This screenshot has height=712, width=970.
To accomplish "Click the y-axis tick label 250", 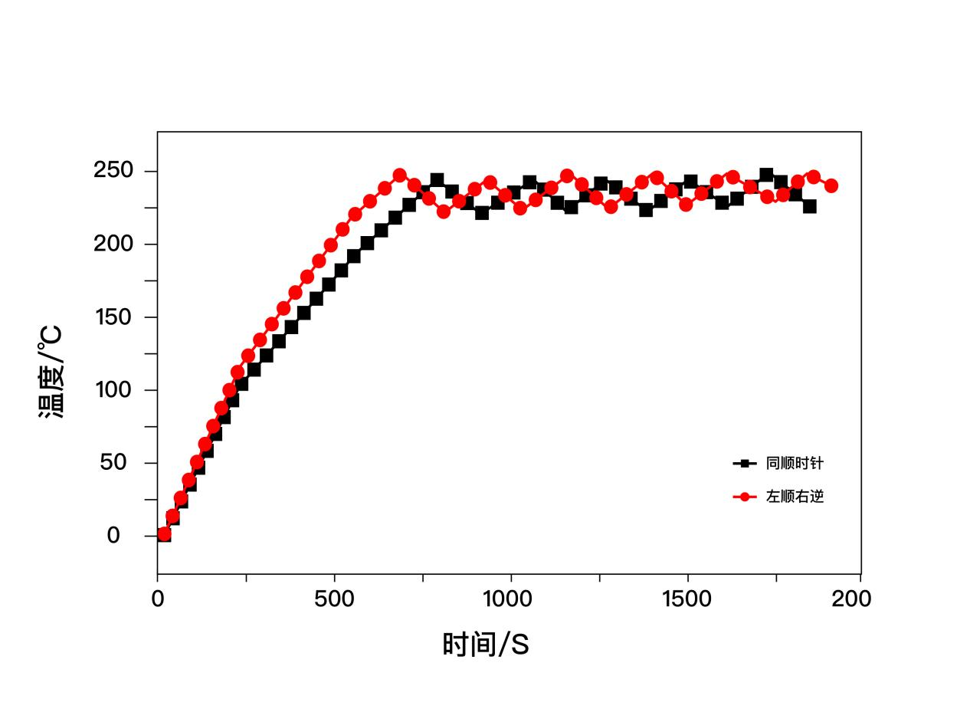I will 114,171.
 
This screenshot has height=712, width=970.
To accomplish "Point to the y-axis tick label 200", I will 114,244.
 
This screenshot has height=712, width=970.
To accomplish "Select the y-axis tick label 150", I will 114,317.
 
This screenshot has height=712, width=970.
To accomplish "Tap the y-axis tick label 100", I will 114,389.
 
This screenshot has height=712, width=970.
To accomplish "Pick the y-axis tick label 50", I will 114,462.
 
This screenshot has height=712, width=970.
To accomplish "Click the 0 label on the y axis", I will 113,535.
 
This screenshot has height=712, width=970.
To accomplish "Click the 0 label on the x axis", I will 158,599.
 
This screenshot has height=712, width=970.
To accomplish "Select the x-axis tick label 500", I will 334,599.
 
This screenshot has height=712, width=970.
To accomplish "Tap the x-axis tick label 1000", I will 511,599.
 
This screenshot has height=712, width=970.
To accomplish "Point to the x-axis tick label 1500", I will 687,599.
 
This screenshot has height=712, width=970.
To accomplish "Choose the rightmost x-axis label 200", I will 851,599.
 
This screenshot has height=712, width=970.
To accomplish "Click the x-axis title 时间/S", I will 486,645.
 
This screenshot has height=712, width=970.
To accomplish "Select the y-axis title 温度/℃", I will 51,372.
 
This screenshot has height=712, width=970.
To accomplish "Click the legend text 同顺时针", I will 795,464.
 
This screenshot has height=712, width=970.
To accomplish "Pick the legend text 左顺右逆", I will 795,497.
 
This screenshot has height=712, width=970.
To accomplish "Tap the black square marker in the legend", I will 744,464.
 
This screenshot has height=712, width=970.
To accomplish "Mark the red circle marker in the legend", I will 744,497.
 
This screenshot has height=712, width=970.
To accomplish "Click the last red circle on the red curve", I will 831,185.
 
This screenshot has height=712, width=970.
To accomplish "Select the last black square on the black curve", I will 809,206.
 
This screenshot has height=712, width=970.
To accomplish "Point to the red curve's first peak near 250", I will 399,176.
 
